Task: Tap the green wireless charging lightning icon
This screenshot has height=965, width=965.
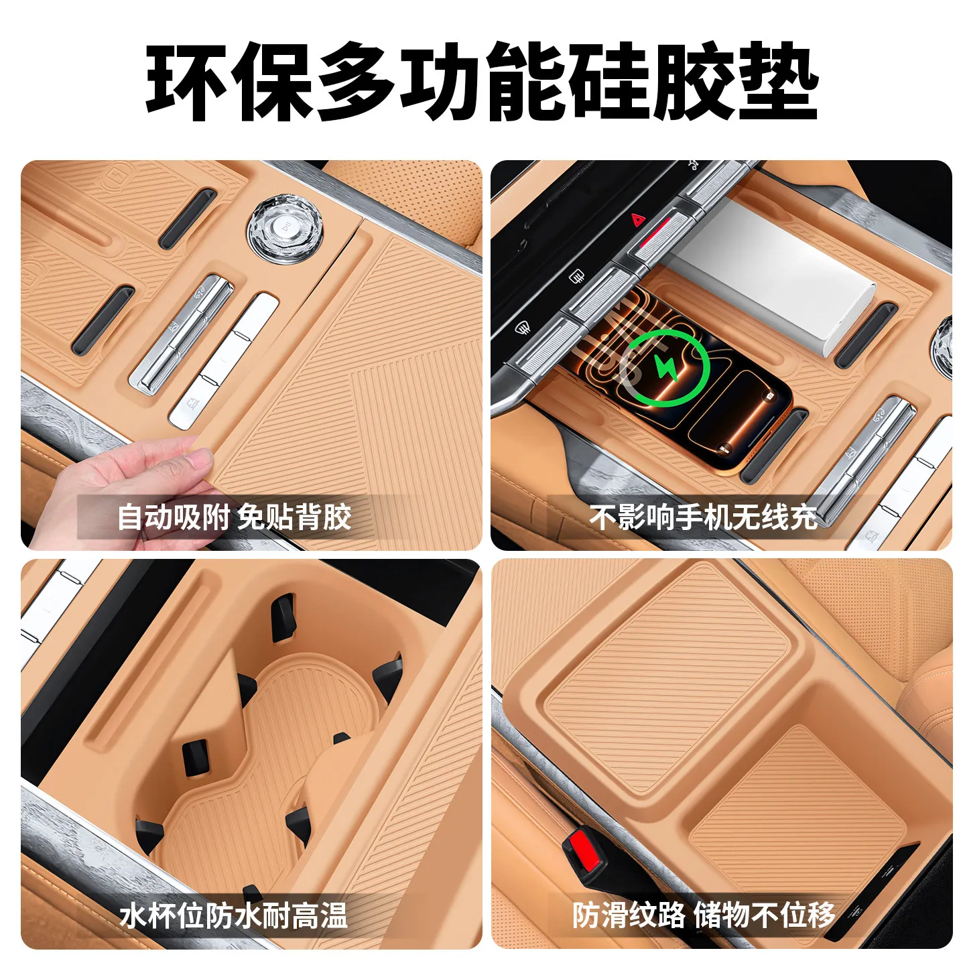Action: click(666, 368)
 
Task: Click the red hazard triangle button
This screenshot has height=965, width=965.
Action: click(637, 219)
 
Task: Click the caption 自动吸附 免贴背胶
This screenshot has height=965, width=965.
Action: click(235, 516)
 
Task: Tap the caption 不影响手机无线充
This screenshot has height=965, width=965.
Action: click(703, 516)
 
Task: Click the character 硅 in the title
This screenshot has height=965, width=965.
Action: click(602, 82)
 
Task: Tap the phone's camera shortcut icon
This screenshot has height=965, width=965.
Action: click(769, 396)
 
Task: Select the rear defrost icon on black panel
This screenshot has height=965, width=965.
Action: click(578, 275)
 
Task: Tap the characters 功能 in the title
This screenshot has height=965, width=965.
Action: click(480, 82)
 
